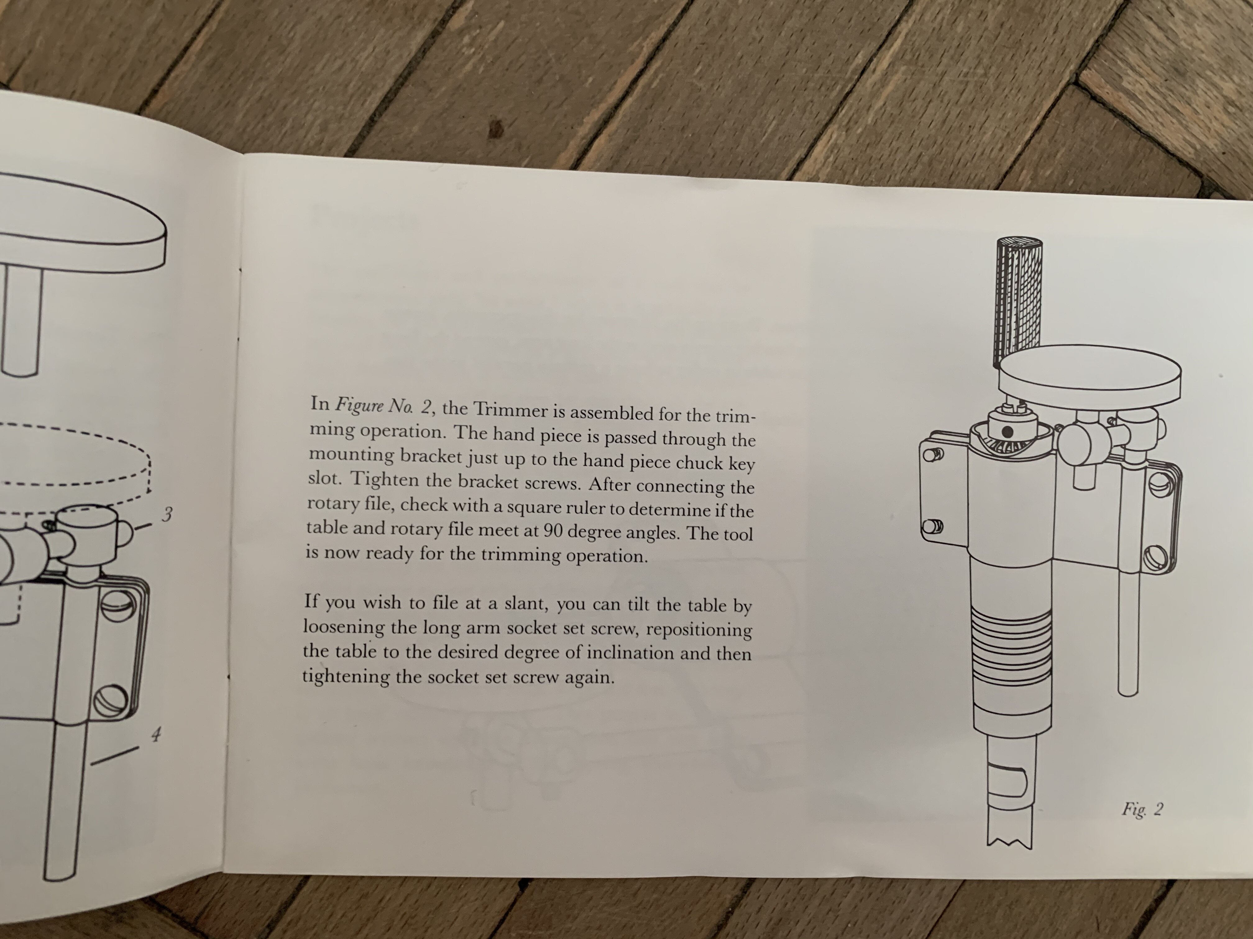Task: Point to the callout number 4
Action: click(x=156, y=736)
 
